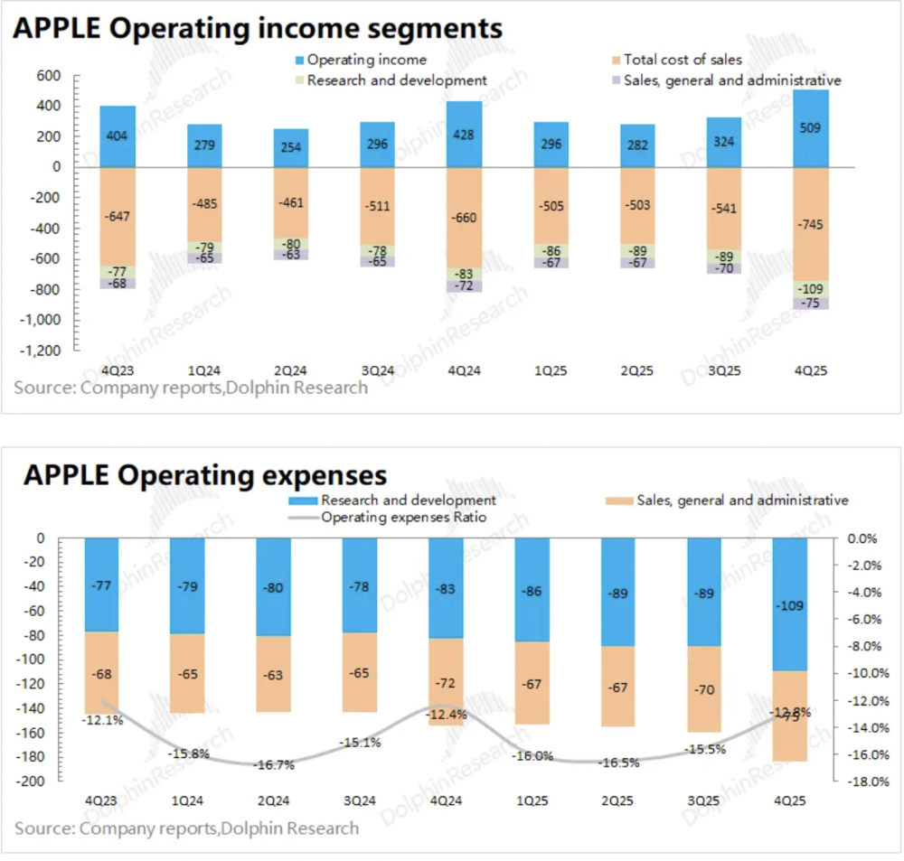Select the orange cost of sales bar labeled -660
click(x=463, y=217)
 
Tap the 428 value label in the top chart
click(x=463, y=135)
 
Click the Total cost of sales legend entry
click(x=683, y=60)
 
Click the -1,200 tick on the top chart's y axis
click(x=42, y=351)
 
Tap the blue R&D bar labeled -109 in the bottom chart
click(x=786, y=604)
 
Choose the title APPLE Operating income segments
click(x=258, y=28)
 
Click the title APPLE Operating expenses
click(x=205, y=474)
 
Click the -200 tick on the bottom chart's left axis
click(x=33, y=782)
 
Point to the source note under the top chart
click(x=191, y=388)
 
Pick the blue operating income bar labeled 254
click(x=290, y=148)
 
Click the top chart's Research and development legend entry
click(x=397, y=80)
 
